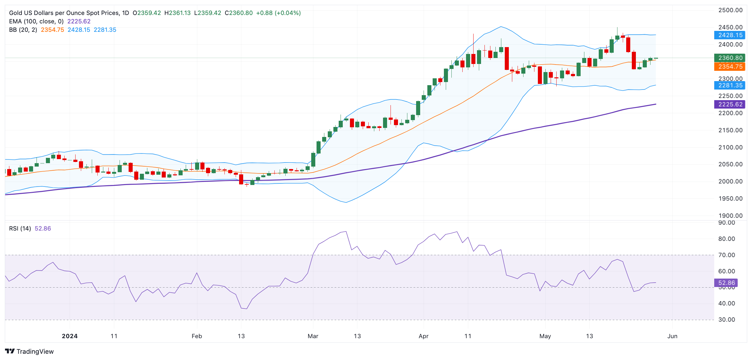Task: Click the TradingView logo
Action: pos(29,351)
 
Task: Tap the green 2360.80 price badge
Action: pos(730,58)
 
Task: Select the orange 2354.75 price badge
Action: pos(730,66)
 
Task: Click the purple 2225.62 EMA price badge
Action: pos(730,104)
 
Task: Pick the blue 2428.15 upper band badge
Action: pos(730,35)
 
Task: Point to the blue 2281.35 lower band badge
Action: pos(730,85)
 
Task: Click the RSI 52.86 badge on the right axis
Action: pos(726,283)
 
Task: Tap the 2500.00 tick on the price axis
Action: pos(730,10)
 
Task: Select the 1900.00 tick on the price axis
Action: pos(730,216)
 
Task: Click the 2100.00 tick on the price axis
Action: pos(730,147)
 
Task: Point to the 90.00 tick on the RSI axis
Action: pos(726,222)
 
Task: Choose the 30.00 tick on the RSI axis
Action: pos(726,319)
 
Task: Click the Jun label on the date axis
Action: pos(672,336)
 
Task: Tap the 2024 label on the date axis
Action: pos(70,336)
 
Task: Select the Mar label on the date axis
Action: pos(313,336)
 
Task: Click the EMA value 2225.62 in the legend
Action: pos(79,21)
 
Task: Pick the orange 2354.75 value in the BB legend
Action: pos(52,30)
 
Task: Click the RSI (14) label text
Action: pos(20,228)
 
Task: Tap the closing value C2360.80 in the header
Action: pos(239,13)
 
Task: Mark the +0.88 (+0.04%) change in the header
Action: pos(278,13)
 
